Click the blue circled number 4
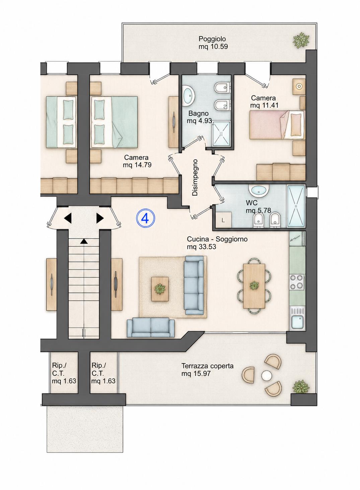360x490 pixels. coord(146,218)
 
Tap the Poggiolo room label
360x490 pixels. coord(212,39)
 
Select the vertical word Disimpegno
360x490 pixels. coord(195,177)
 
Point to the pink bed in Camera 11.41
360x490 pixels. coord(277,125)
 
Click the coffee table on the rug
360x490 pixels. coord(160,289)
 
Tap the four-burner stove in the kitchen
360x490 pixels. coord(297,282)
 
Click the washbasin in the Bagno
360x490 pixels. coord(188,95)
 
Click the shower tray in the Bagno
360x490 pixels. coord(221,134)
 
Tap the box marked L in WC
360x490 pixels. coord(223,220)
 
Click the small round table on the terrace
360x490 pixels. coord(266,376)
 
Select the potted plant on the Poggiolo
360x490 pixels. coord(301,40)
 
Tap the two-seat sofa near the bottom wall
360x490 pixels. coord(151,327)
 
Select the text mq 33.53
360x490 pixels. coord(201,247)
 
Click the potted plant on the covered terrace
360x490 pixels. coord(301,387)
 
